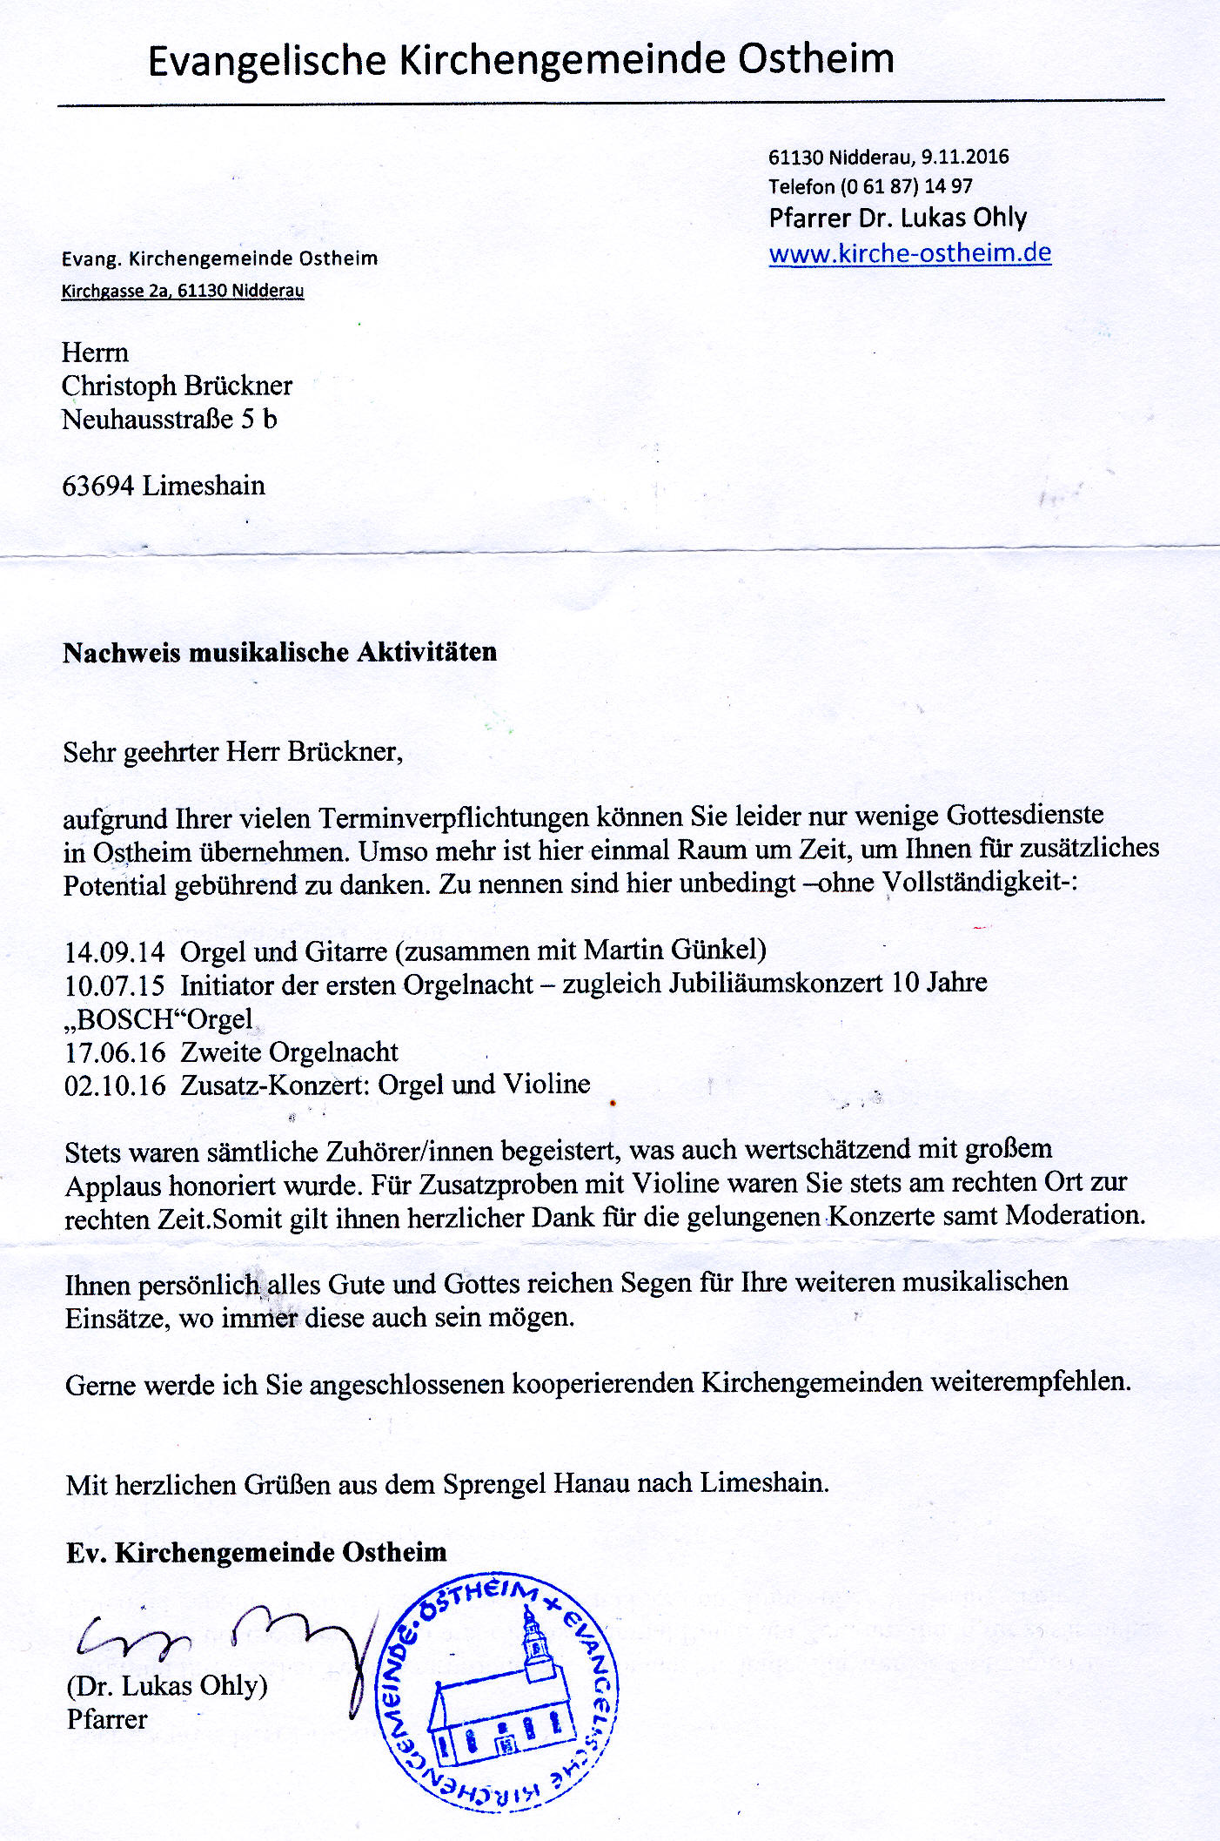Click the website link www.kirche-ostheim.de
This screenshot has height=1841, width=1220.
tap(909, 253)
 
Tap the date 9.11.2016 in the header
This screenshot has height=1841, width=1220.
tap(965, 157)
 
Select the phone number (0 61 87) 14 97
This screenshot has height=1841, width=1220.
tap(906, 186)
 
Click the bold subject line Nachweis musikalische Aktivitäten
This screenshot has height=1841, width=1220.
tap(279, 653)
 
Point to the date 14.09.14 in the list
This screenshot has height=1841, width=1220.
tap(114, 951)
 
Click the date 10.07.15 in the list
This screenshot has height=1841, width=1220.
tap(114, 985)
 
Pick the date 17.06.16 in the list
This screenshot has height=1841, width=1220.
tap(114, 1052)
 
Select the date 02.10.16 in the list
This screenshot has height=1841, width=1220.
tap(114, 1085)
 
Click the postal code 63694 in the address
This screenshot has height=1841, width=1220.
tap(97, 486)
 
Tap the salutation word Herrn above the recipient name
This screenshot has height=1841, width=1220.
tap(95, 353)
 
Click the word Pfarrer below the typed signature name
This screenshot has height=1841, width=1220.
tap(107, 1719)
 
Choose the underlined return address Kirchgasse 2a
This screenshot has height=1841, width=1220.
tap(114, 291)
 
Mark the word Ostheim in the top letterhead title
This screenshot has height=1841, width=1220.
tap(816, 60)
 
